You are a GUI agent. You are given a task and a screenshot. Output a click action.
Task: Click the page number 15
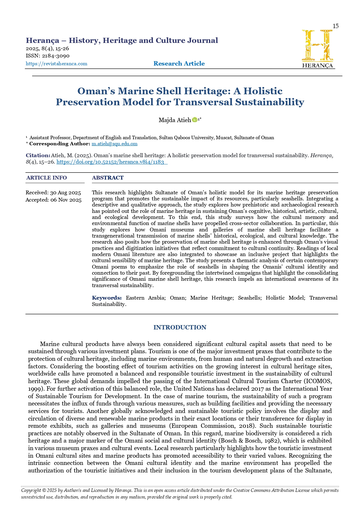pos(335,26)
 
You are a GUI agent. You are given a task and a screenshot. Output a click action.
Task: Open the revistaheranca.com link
pos(57,64)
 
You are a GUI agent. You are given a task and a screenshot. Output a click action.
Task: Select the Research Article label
pos(179,64)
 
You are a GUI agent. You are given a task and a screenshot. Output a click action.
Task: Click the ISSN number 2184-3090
pos(56,56)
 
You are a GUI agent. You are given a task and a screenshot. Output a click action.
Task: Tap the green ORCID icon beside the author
pos(195,119)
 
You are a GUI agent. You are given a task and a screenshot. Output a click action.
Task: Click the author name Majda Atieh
pos(175,120)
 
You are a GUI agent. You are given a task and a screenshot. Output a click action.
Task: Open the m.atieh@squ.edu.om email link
pos(115,144)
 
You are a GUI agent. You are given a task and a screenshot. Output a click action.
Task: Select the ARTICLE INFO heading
pos(46,178)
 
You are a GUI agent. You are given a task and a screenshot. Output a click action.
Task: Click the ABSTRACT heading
pos(108,178)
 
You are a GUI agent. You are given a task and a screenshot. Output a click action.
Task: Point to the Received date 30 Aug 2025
pos(53,193)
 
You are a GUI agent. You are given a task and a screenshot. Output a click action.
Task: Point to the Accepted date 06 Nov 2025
pos(54,200)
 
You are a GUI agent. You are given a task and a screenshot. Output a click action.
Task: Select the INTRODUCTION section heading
pos(180,327)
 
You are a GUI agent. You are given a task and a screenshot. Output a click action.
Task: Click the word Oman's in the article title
pos(96,91)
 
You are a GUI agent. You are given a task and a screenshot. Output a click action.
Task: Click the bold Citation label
pos(38,155)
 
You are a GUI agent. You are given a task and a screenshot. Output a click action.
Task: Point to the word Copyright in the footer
pos(31,490)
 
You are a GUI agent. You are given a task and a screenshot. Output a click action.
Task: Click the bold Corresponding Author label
pos(59,144)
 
